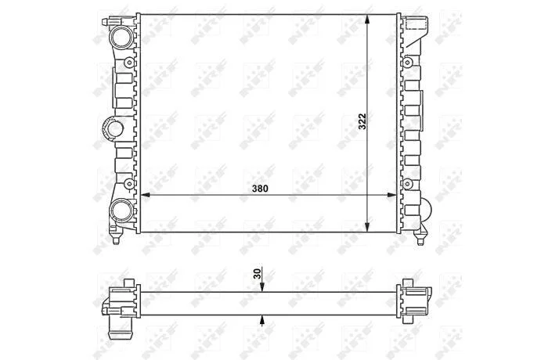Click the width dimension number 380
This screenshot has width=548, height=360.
click(260, 189)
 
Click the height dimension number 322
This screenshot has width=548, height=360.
click(362, 121)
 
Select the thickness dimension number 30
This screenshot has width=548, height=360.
click(258, 274)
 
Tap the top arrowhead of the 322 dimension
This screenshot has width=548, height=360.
click(366, 20)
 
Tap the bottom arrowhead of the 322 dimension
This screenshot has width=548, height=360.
click(366, 227)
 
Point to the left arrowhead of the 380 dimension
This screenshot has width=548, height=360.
click(145, 195)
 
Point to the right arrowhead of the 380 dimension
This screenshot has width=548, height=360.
click(391, 195)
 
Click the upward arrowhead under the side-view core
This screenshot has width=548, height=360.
click(262, 319)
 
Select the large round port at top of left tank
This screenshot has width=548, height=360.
click(122, 37)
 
